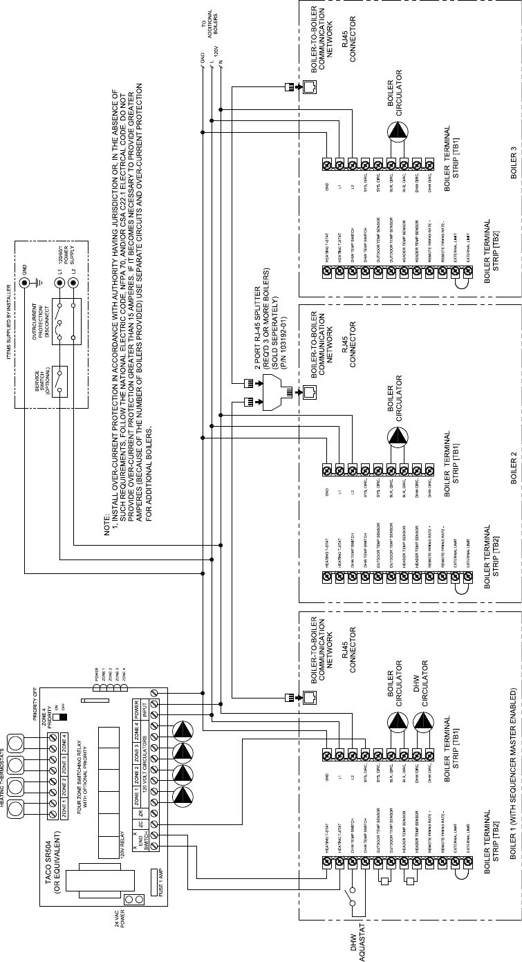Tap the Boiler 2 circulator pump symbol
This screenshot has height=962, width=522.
point(397,438)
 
